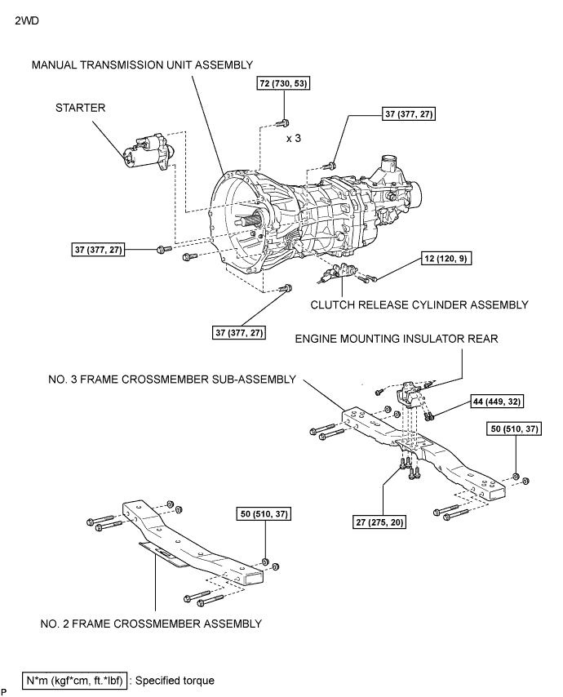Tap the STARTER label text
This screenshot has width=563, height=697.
click(81, 106)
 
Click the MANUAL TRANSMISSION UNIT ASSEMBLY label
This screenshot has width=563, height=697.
click(142, 64)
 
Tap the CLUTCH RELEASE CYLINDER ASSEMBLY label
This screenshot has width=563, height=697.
click(419, 304)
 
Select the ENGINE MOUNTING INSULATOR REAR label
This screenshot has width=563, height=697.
click(397, 337)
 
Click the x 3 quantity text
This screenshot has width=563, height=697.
click(295, 139)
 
